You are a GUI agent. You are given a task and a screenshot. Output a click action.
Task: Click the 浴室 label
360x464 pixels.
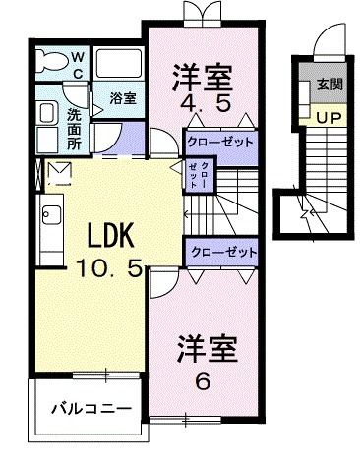pyautogui.click(x=122, y=99)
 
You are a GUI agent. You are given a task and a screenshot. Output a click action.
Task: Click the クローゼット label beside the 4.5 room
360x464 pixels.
pyautogui.click(x=220, y=142)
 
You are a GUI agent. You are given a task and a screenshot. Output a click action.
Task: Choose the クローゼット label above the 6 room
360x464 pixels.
pyautogui.click(x=220, y=252)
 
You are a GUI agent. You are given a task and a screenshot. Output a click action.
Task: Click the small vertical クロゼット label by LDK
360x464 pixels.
pyautogui.click(x=205, y=176)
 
